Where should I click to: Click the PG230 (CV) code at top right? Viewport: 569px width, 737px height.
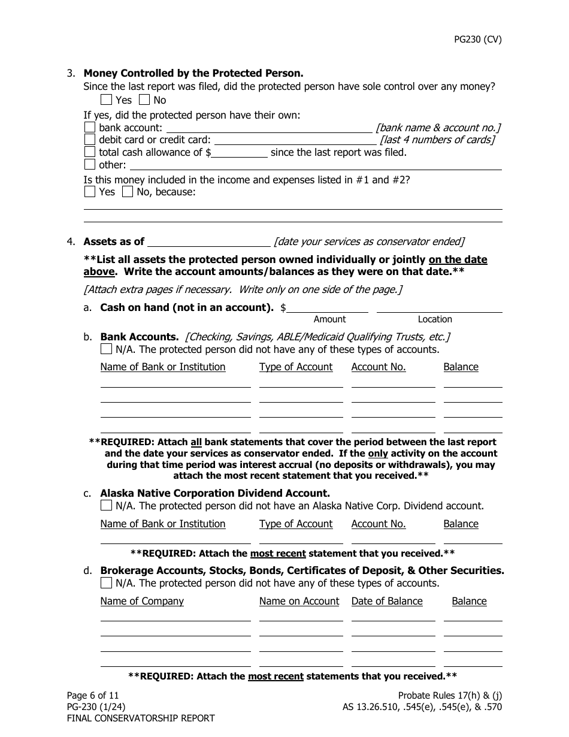477,40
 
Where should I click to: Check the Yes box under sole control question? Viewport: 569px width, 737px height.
106,100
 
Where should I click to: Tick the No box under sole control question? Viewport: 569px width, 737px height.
144,100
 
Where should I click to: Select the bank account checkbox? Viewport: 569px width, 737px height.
90,128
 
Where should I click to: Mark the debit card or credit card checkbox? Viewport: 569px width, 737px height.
90,140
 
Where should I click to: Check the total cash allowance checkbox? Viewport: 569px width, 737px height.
90,152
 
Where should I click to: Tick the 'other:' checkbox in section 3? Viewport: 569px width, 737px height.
90,164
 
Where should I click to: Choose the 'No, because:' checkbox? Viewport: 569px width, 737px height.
128,192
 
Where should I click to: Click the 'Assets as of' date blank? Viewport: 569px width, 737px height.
208,241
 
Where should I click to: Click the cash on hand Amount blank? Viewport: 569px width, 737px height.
328,307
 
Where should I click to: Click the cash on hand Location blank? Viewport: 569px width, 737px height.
439,307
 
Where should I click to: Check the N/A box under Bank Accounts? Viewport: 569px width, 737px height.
106,349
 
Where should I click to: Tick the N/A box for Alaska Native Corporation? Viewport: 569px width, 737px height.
106,506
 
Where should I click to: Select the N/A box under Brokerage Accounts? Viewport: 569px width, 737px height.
106,583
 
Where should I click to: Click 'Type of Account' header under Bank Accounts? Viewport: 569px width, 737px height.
296,367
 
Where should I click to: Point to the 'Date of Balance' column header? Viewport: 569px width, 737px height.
387,601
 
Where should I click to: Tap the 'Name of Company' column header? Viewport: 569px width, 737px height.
142,601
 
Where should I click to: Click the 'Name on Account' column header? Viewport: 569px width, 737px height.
299,601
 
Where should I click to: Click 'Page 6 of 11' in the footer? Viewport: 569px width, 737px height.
93,695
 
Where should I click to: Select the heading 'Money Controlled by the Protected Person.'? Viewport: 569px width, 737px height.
193,74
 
